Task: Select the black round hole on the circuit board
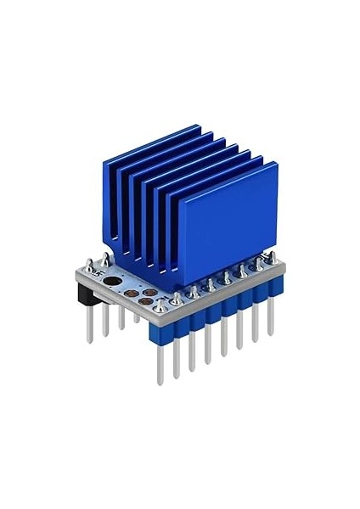point(113,282)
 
